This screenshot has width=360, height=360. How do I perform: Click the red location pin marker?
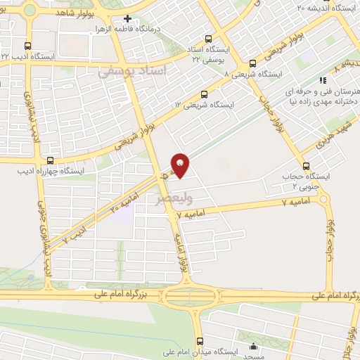click(x=181, y=165)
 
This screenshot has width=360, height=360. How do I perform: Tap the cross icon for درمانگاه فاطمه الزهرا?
click(x=127, y=19)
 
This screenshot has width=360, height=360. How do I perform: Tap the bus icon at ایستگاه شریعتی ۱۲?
click(x=205, y=94)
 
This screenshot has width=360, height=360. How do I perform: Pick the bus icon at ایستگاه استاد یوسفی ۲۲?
click(x=207, y=39)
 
